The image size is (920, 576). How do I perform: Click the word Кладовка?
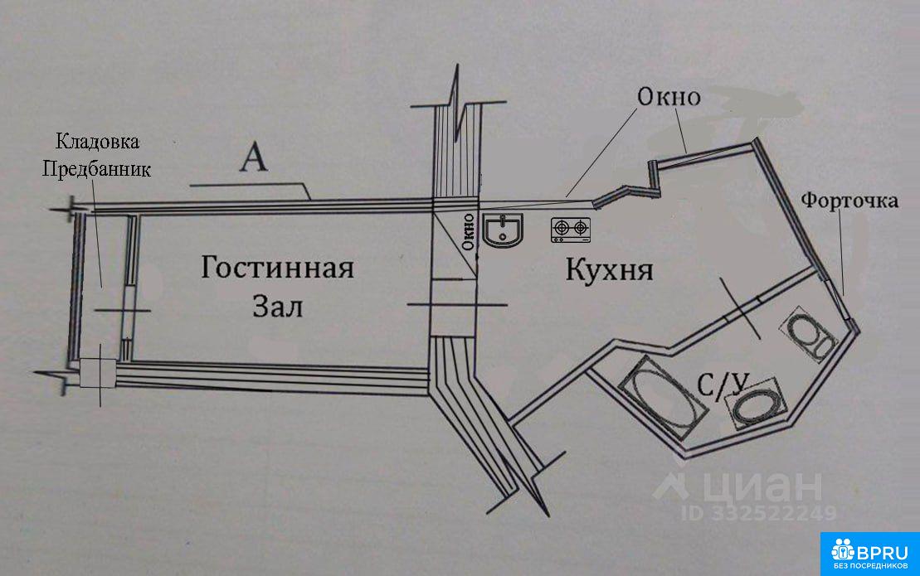tap(97, 142)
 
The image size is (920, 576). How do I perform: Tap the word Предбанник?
tap(96, 169)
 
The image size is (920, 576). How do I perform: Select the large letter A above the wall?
tap(254, 158)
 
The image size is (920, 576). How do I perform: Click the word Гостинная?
tap(278, 268)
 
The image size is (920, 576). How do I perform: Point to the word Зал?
tap(278, 307)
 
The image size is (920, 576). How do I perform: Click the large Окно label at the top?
tap(669, 97)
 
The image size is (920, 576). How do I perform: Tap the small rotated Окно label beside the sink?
tap(468, 232)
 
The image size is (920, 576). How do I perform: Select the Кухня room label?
tap(609, 270)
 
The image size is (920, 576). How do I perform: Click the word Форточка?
tap(849, 201)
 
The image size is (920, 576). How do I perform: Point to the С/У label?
tap(723, 385)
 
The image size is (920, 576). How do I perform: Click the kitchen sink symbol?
tap(504, 229)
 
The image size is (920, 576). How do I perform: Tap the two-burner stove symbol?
tap(570, 230)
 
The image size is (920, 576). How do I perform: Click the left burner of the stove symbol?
tap(562, 226)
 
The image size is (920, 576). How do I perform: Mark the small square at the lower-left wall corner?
tap(97, 373)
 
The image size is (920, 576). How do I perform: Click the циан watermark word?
tap(762, 486)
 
